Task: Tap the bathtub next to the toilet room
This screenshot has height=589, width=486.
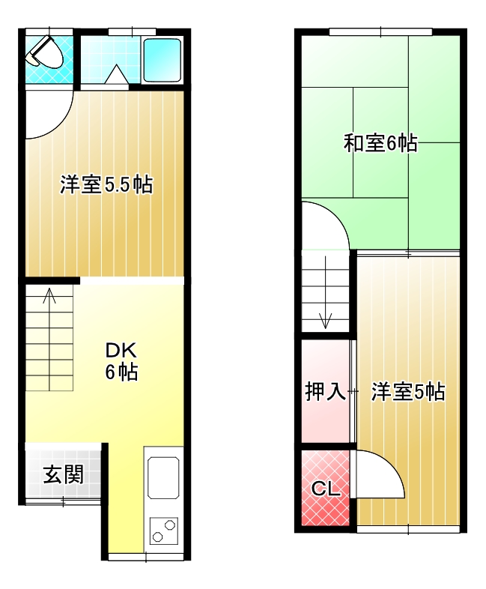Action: (162, 59)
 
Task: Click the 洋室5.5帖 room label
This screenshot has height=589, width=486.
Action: (106, 184)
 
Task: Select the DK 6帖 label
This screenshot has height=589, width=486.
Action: (121, 360)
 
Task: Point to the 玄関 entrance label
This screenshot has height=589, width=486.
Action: (63, 474)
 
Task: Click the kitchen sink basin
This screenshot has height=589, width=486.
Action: (162, 477)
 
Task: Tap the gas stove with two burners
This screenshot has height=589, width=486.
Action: (162, 530)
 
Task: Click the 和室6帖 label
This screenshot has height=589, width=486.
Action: (380, 143)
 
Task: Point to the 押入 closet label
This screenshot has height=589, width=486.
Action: (325, 391)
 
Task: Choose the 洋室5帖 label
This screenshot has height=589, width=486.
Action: (408, 391)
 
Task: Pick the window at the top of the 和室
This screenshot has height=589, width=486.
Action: (380, 31)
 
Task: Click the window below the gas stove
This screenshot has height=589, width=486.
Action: (145, 557)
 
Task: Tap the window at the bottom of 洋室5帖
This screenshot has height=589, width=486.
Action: (408, 529)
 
